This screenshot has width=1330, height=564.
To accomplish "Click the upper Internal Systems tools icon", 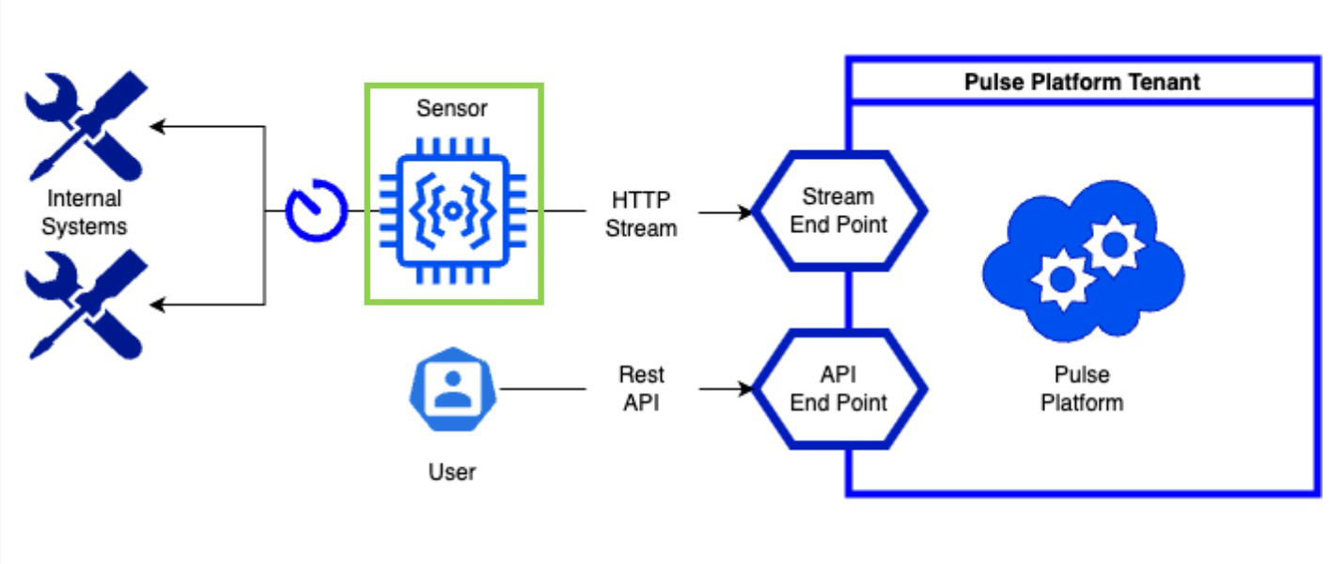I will point(85,126).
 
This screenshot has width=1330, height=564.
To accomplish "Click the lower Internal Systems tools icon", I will point(85,305).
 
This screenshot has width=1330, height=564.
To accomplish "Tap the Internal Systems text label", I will point(84,212).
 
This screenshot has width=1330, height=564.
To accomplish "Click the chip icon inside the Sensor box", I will point(453,211).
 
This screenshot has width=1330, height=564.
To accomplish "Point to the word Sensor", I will point(452,108).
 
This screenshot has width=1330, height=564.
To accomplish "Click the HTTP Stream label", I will point(642,214).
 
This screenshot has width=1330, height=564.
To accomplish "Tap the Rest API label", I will point(642,388).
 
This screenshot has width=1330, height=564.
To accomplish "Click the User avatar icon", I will point(452,388).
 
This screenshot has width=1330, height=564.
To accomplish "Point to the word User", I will point(452,471).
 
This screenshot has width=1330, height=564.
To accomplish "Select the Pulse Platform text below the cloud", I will point(1082,389).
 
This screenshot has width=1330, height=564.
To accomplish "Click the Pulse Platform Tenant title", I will point(1082,83).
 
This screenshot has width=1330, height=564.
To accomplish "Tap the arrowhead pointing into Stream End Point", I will point(746,211).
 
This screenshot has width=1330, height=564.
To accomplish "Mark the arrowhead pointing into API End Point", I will point(746,388).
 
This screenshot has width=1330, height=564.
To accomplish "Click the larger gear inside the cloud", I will point(1114,245).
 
